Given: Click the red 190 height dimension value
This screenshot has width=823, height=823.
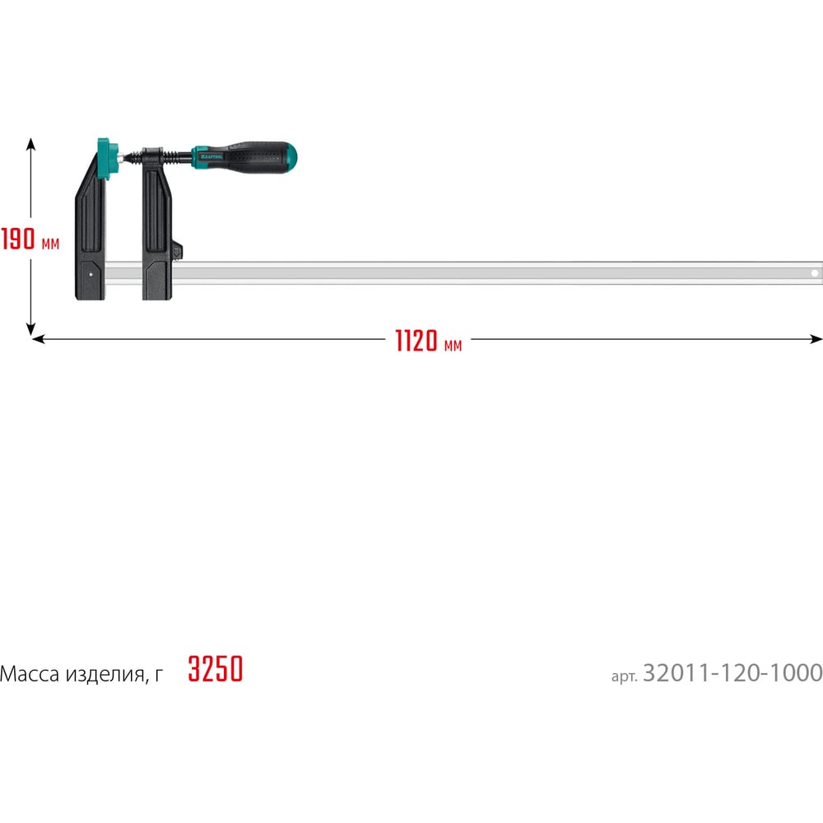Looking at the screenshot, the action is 18,239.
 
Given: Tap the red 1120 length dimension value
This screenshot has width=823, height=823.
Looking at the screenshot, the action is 416,341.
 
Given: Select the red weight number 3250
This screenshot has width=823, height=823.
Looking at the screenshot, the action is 215,668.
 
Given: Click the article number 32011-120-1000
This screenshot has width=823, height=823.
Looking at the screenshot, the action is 732,673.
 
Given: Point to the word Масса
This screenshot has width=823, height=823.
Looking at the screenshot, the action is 30,674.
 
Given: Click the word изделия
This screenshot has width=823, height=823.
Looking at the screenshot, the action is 105,675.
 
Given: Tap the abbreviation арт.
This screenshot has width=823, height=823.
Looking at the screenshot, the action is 624,676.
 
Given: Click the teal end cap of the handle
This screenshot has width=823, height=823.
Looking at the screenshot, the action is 291,156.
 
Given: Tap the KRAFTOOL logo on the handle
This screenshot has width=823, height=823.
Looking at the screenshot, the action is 212,156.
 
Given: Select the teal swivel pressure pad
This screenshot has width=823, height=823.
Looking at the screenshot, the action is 108,159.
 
